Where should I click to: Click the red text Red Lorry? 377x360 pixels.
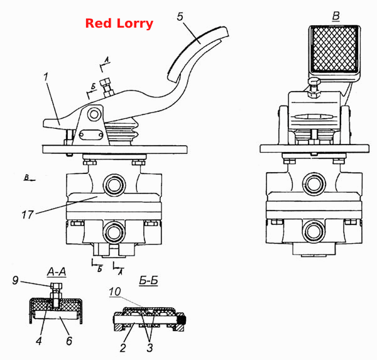click(x=119, y=24)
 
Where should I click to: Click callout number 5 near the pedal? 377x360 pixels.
click(x=180, y=16)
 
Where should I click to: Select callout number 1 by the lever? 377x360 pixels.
click(x=46, y=77)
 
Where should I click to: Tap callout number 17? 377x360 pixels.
click(x=28, y=214)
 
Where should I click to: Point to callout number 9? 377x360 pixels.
click(x=15, y=280)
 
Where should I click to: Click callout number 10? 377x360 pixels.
click(x=115, y=292)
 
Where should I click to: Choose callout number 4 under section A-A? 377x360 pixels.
click(x=39, y=341)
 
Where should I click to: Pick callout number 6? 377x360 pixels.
click(x=69, y=341)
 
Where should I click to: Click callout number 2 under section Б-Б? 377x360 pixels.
click(x=123, y=347)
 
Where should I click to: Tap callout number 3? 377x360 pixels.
click(x=150, y=347)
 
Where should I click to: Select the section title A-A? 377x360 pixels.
click(x=57, y=272)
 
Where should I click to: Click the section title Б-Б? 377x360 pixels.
click(x=148, y=280)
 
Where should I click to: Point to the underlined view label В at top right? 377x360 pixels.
click(x=336, y=16)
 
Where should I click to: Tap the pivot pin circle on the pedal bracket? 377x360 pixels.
click(x=94, y=114)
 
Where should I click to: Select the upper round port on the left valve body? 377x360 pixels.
click(x=114, y=185)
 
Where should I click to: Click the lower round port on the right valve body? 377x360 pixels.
click(x=314, y=231)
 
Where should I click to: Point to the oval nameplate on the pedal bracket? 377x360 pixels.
click(x=90, y=135)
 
